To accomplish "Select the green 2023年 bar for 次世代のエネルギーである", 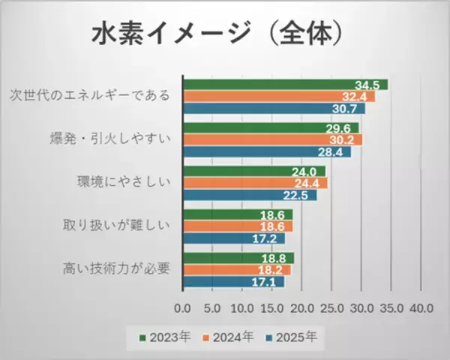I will click(x=285, y=84).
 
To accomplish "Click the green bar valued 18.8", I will click(x=236, y=258).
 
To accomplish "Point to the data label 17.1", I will click(x=269, y=282).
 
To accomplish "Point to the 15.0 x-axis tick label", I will click(x=272, y=307).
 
